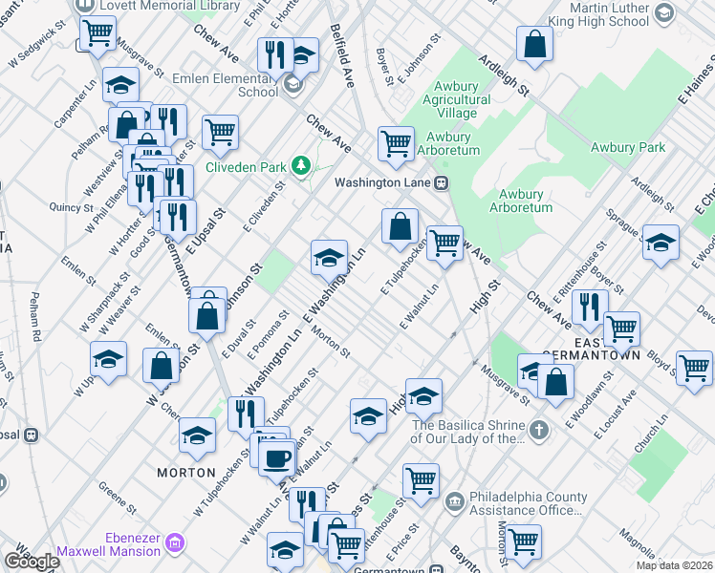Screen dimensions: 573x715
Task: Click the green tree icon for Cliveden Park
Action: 303,167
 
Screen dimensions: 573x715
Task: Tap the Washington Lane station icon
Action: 442,182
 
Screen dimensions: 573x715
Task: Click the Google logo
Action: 32,562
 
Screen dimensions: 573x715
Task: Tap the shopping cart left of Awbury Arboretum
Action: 395,143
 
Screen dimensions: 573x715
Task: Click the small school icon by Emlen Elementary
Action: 292,85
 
